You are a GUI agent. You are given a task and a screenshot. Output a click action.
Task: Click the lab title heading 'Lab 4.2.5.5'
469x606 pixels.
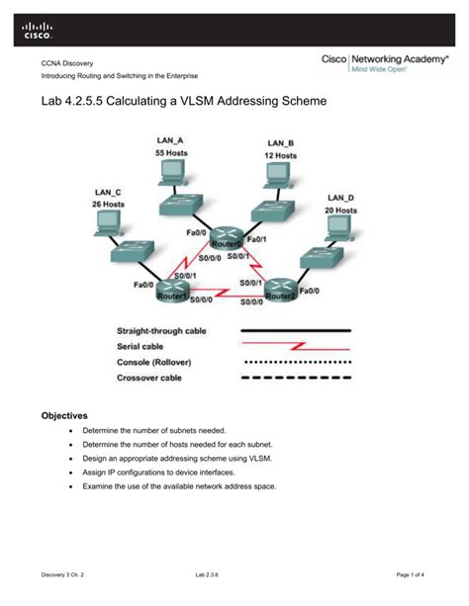pyautogui.click(x=183, y=102)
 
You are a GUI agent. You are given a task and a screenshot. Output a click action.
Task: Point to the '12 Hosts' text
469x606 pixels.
pyautogui.click(x=280, y=155)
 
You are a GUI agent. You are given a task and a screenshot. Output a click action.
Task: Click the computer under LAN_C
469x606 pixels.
pyautogui.click(x=105, y=224)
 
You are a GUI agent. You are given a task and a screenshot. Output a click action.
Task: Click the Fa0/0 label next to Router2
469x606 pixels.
pyautogui.click(x=310, y=291)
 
